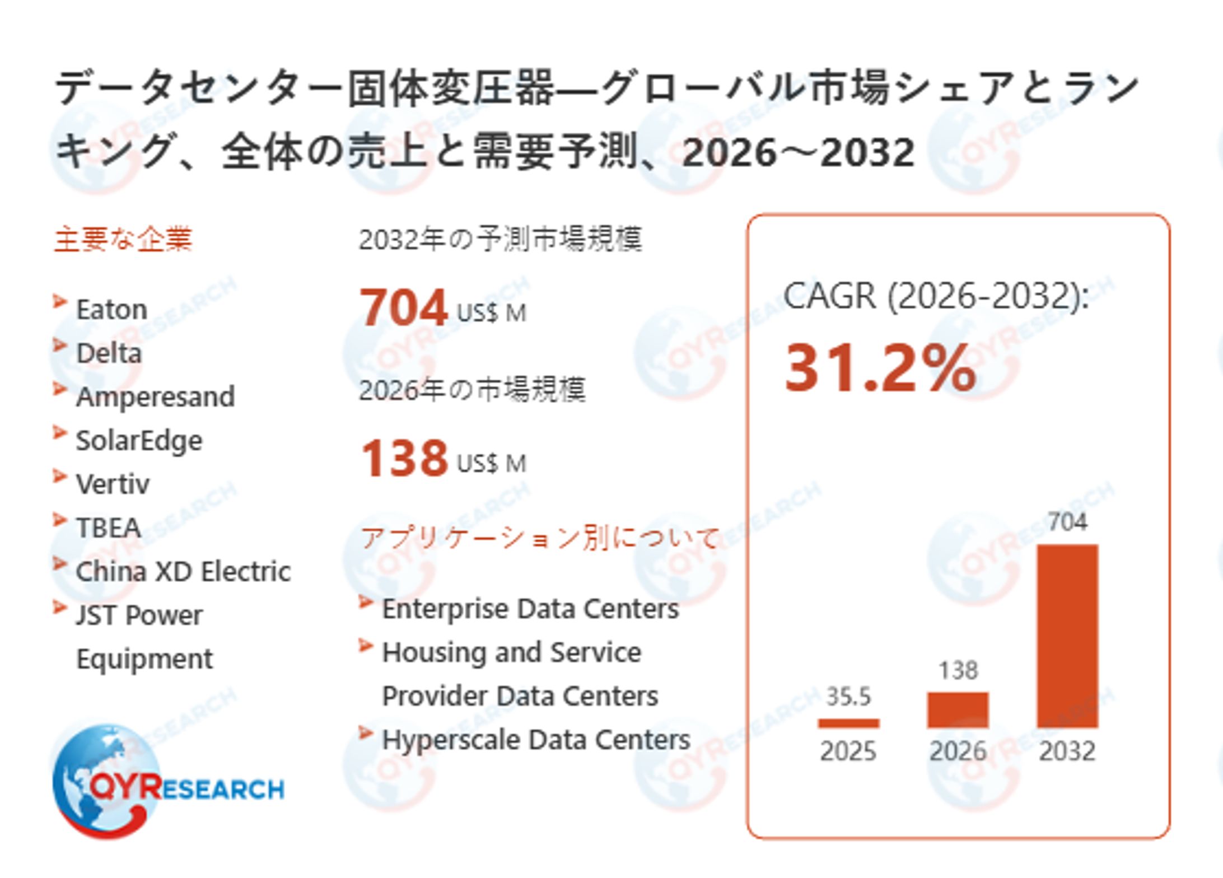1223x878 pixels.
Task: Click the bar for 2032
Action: pos(1067,636)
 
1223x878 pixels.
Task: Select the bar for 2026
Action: pos(958,709)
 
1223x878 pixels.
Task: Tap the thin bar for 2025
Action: pos(848,723)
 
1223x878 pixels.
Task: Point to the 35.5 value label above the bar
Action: pos(848,697)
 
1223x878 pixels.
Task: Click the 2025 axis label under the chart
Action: pos(848,751)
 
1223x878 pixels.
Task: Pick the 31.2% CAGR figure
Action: pos(880,368)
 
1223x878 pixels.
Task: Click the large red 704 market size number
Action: pos(403,307)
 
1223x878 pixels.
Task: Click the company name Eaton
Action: pos(111,310)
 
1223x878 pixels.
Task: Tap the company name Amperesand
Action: pos(155,397)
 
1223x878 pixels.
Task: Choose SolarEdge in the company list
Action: pos(139,441)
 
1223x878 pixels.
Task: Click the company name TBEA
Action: pos(108,528)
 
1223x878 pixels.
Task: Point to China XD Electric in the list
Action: pos(183,572)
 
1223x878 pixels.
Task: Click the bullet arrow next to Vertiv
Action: pos(60,477)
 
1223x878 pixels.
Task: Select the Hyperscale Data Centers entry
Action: pos(535,740)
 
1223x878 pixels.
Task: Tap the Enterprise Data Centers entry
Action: pos(530,609)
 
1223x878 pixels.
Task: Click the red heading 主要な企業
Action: pos(123,239)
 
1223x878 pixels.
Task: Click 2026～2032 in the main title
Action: pos(798,152)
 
